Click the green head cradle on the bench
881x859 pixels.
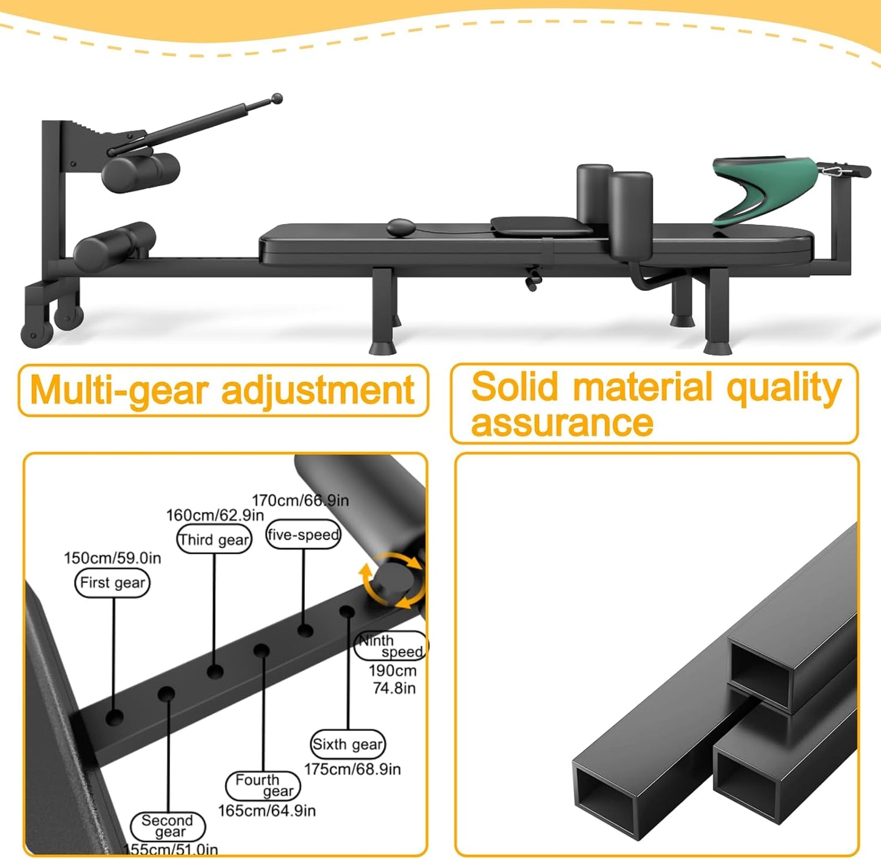coord(765,190)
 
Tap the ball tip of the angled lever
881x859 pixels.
coord(277,98)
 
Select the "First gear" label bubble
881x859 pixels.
coord(112,582)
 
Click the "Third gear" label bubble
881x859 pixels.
coord(213,540)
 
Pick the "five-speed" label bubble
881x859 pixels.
coord(303,535)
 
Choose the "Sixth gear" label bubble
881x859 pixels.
coord(348,744)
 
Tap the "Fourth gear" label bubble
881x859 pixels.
coord(263,786)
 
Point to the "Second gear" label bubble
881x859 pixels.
coord(168,827)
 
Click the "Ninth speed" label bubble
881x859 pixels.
coord(390,646)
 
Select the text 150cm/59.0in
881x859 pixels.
coord(112,558)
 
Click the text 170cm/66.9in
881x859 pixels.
coord(300,501)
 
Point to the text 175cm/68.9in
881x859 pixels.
coord(352,769)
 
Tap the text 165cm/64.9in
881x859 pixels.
coord(266,811)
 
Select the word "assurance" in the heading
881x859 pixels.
coord(562,422)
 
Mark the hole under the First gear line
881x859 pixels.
coord(114,717)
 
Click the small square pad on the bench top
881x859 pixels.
coord(541,226)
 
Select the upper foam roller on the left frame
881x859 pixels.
coord(140,172)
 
